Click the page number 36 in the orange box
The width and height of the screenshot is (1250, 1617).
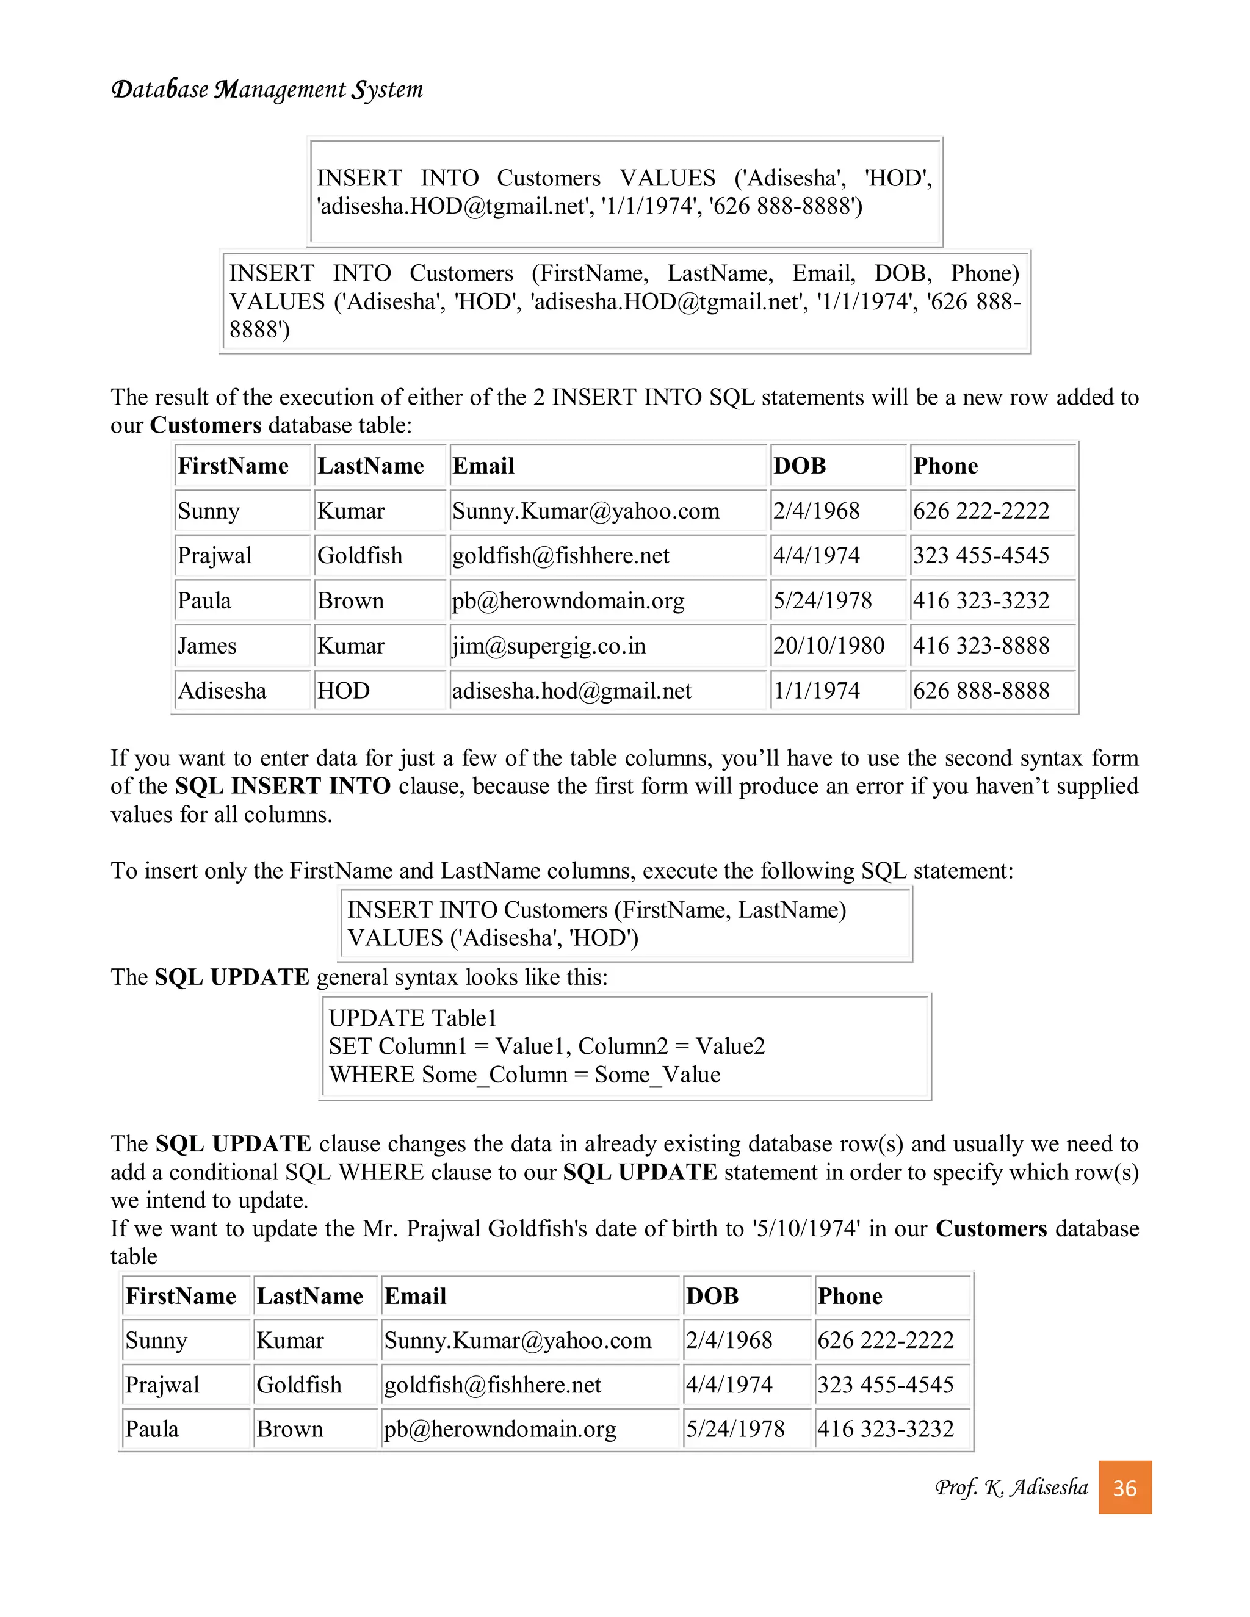point(1124,1488)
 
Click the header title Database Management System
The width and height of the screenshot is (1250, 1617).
point(267,90)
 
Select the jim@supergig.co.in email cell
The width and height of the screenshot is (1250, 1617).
point(549,646)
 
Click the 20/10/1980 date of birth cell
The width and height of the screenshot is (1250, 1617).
point(829,646)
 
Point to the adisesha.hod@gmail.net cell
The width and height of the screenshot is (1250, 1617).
point(572,691)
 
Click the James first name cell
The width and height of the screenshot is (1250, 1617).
point(207,646)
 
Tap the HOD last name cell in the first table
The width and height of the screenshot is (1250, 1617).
point(343,691)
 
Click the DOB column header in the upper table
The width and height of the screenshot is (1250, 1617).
point(799,466)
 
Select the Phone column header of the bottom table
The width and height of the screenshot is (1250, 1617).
point(850,1295)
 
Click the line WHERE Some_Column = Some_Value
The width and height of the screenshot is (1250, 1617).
point(524,1075)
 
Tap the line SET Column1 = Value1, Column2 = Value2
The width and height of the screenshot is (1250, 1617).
point(546,1046)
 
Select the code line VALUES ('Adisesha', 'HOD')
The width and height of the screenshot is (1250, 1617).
point(493,938)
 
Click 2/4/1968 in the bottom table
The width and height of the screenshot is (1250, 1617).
point(729,1340)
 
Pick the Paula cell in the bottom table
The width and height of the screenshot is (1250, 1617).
point(152,1429)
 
